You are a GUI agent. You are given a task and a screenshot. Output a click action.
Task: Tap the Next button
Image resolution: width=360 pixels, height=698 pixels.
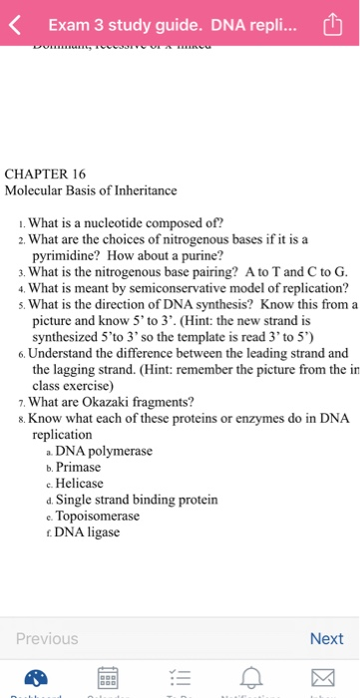click(326, 639)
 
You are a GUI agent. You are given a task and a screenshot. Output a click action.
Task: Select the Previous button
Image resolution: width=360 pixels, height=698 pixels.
click(46, 639)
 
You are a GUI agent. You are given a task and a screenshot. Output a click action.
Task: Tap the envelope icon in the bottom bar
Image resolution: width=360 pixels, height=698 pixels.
click(321, 679)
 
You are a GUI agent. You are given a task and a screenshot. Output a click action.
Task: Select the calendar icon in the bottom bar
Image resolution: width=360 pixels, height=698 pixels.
click(107, 679)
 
